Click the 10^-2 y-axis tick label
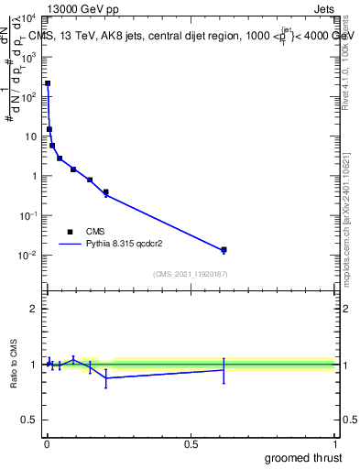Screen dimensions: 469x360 (27, 256)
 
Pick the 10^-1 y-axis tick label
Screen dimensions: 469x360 (27, 216)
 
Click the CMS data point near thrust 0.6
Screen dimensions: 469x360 (224, 249)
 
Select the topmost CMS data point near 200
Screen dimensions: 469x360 (48, 83)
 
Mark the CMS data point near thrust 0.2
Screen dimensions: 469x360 (106, 192)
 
